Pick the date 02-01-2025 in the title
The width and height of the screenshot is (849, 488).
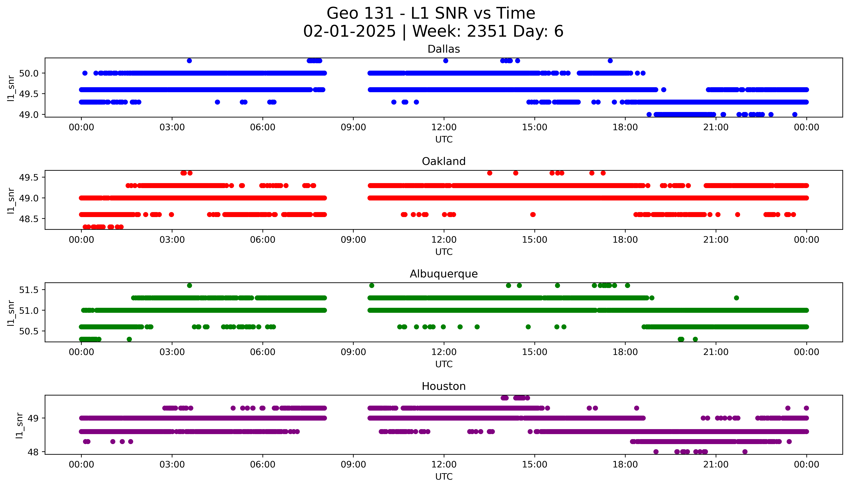(349, 32)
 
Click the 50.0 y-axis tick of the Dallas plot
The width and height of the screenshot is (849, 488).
(29, 73)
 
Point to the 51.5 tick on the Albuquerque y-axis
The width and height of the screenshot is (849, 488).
(29, 290)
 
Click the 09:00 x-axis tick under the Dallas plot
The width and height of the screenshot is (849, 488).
(353, 127)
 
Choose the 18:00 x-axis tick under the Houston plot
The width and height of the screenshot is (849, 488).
(625, 465)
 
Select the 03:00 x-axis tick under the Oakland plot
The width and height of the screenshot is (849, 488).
(172, 240)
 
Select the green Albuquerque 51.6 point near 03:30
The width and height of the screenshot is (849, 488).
(189, 286)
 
